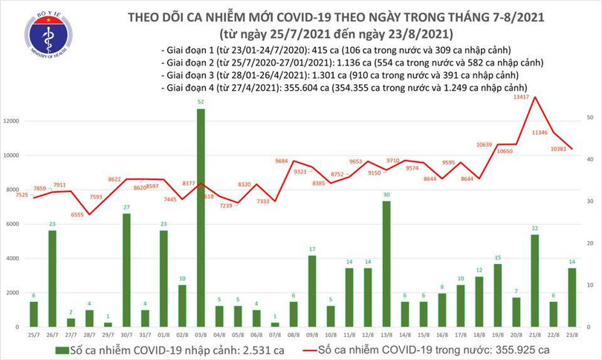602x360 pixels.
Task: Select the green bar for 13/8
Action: [386, 263]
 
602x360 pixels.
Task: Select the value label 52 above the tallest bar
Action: [201, 102]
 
